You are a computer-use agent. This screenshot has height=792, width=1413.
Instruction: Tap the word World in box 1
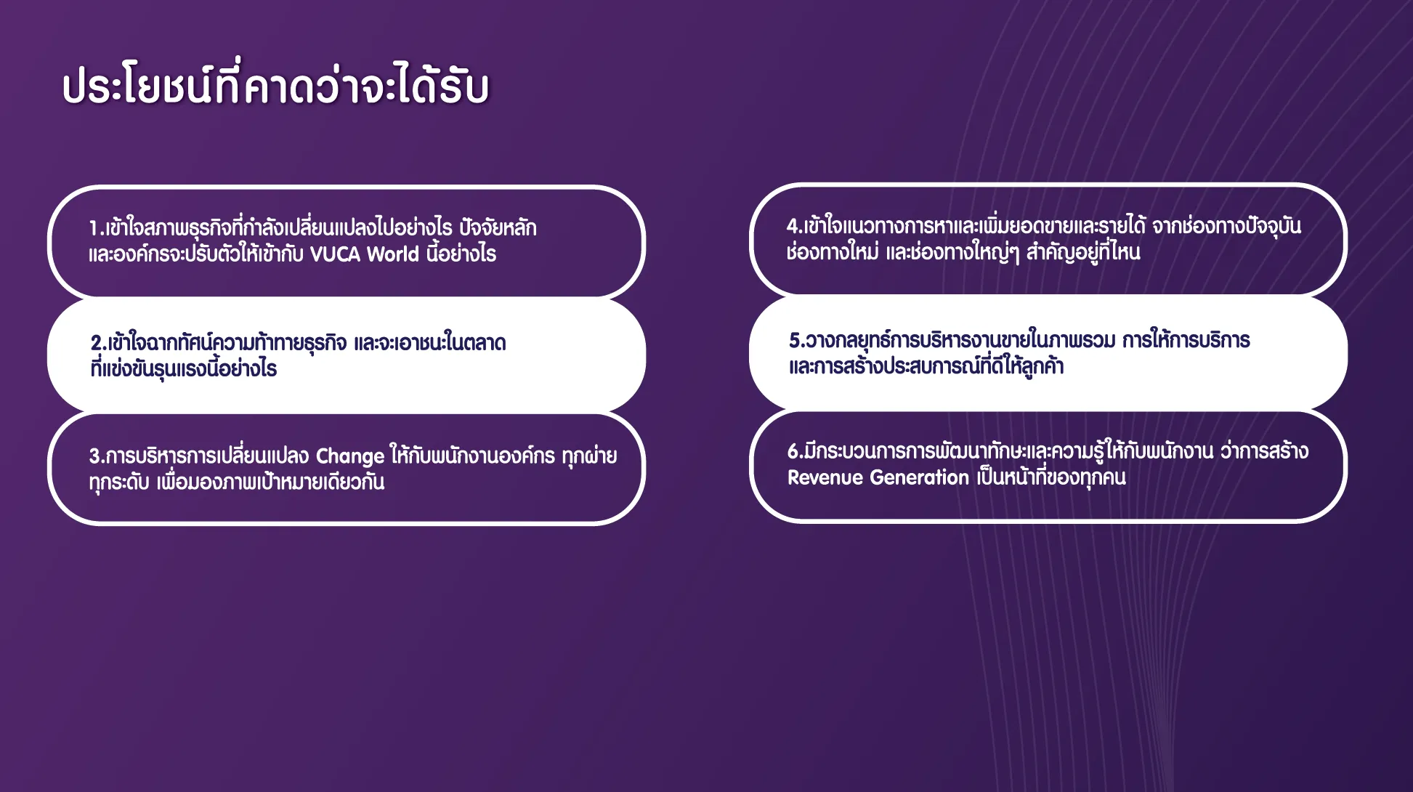[x=393, y=254]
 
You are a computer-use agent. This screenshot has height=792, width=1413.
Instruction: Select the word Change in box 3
[x=349, y=457]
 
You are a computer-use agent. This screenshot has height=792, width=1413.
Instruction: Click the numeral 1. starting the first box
[x=97, y=229]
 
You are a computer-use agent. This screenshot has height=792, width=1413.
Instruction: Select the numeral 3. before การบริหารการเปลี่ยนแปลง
[x=97, y=456]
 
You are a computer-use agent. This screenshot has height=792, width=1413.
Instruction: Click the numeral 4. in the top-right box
[x=795, y=227]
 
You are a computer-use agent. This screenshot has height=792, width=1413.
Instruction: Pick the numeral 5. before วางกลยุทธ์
[x=797, y=341]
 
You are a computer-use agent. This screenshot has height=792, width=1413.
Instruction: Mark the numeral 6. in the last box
[x=795, y=452]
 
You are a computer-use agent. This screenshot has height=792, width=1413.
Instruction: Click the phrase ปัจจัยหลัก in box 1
[x=498, y=227]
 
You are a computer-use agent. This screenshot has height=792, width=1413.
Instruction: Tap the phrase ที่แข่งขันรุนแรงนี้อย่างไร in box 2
[x=184, y=368]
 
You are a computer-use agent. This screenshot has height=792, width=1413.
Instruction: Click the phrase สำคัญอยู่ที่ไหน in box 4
[x=1083, y=251]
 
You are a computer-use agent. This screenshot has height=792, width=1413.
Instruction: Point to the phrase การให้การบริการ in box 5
[x=1186, y=340]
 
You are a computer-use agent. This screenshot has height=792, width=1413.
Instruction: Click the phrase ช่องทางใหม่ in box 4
[x=833, y=252]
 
